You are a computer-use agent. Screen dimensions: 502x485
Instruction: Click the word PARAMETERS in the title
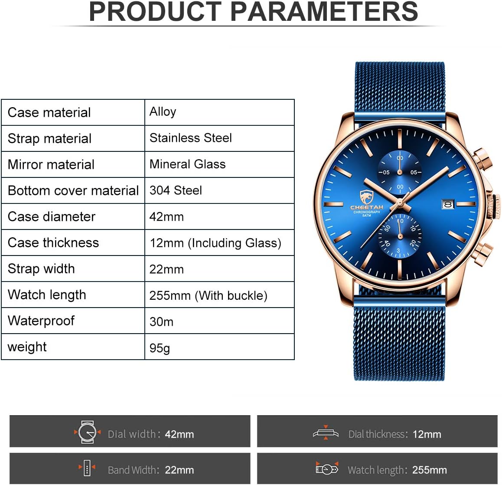point(324,12)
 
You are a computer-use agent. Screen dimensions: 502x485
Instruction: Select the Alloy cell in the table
point(219,112)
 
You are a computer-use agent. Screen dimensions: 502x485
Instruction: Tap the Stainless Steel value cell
point(219,138)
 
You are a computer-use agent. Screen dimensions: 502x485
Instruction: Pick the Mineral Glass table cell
point(219,164)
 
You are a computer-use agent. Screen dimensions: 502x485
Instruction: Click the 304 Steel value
point(219,190)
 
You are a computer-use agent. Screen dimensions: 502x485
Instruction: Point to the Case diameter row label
point(52,216)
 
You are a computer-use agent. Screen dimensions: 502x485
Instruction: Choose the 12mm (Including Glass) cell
point(219,242)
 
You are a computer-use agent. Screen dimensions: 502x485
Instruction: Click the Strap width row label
point(41,269)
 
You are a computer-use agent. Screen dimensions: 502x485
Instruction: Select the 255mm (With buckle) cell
point(219,295)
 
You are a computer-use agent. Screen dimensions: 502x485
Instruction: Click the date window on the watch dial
point(448,204)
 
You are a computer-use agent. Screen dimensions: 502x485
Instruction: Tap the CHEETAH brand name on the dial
point(367,207)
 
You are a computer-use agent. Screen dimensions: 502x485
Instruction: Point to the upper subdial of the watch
point(400,172)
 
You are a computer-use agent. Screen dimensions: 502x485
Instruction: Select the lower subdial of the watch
point(400,236)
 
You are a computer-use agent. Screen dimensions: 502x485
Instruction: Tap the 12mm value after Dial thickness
point(427,434)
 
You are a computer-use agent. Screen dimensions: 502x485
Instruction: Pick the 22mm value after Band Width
point(179,470)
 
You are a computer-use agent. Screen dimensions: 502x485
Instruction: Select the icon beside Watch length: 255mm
point(327,469)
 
